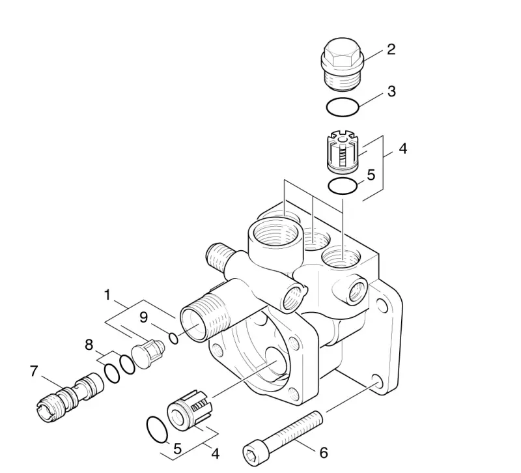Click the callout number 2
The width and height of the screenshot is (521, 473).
pyautogui.click(x=391, y=50)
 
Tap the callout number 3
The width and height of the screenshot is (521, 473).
pyautogui.click(x=392, y=91)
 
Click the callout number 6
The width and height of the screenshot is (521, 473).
pyautogui.click(x=323, y=453)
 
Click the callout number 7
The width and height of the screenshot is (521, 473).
pyautogui.click(x=34, y=371)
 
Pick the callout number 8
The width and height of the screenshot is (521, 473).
pyautogui.click(x=89, y=345)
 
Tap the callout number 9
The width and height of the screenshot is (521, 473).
pyautogui.click(x=143, y=317)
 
